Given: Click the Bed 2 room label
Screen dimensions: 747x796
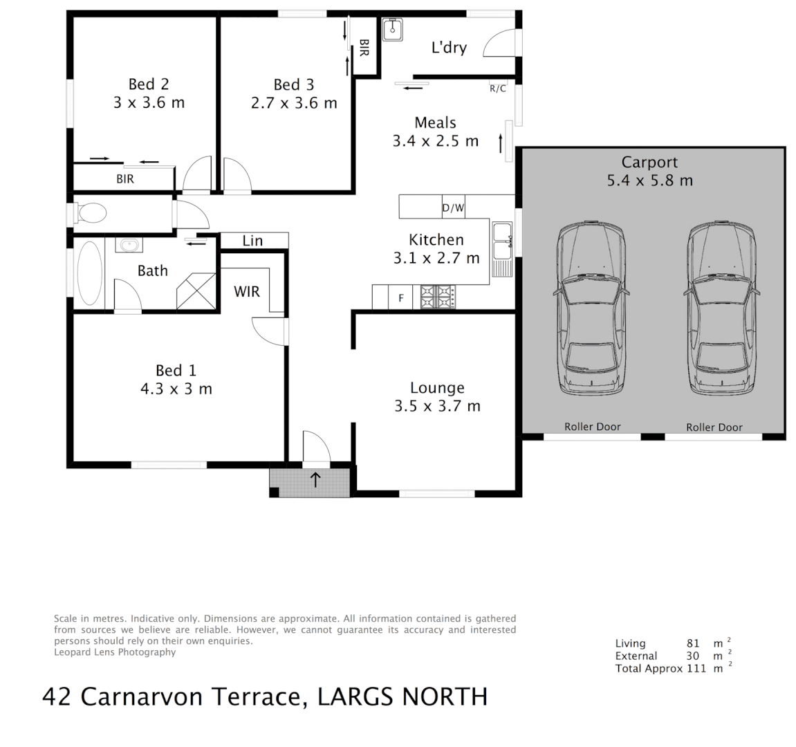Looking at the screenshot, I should [148, 84].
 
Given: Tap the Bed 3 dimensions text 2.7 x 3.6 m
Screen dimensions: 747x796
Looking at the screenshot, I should [293, 103].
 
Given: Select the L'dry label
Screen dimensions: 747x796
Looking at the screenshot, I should [449, 48].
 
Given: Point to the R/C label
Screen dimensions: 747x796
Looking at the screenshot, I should [497, 89].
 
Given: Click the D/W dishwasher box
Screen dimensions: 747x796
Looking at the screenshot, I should [453, 207].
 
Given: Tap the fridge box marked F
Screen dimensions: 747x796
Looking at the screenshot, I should [400, 299].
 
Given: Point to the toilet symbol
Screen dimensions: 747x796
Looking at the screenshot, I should [90, 213].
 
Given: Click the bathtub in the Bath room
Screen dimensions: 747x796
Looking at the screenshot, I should [91, 273].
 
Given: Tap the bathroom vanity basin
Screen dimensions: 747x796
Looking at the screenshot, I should [129, 245].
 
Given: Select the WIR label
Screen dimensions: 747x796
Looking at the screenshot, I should [246, 291].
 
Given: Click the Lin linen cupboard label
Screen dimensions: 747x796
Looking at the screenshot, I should [252, 241].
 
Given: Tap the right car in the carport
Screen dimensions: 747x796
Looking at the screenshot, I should [721, 309].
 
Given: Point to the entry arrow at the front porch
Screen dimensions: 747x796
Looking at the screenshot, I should [315, 479].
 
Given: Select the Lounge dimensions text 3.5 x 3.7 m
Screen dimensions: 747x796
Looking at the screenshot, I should [437, 406].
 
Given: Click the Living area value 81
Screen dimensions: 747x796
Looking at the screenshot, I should [693, 643].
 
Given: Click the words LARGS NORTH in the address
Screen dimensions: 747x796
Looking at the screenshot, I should [402, 696].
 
